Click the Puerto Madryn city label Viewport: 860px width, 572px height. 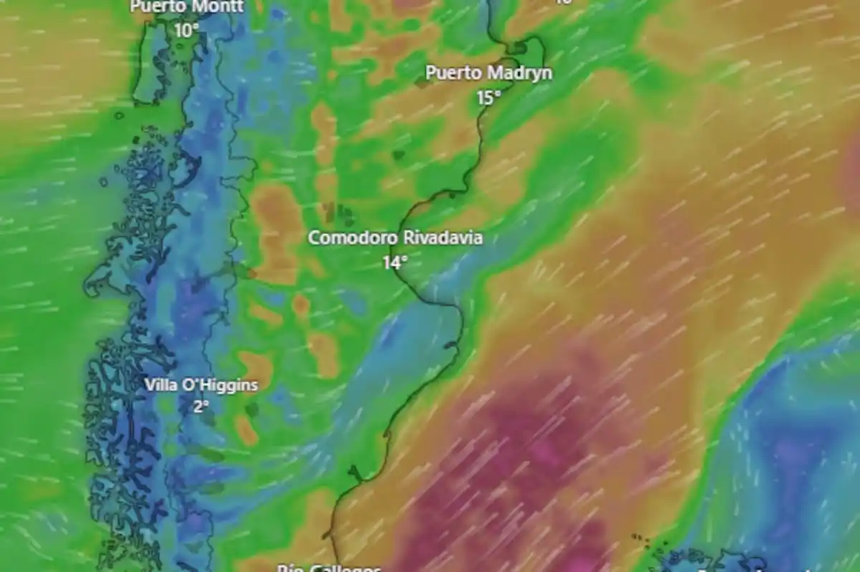[489, 73]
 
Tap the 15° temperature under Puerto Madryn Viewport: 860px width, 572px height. [489, 97]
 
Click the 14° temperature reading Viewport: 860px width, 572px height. [394, 262]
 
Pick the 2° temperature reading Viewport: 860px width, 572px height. [201, 406]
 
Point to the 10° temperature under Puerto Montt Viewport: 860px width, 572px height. [186, 30]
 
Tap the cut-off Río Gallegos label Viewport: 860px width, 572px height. [329, 568]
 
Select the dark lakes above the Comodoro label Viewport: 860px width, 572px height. [338, 212]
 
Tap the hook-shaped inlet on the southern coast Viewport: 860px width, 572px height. [353, 473]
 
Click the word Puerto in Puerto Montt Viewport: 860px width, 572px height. [156, 7]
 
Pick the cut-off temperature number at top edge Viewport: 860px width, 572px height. [563, 2]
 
